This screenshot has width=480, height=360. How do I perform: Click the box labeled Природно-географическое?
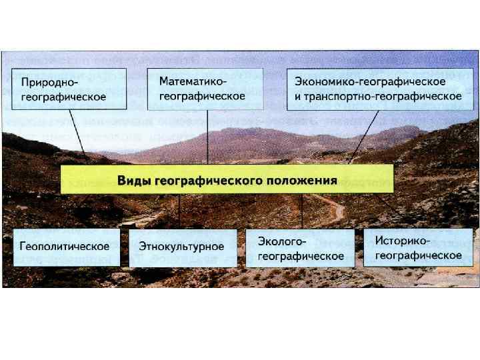(68, 89)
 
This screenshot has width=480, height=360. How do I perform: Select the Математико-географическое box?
(205, 88)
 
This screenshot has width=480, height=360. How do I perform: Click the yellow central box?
(227, 180)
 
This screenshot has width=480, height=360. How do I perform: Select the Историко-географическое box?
(419, 247)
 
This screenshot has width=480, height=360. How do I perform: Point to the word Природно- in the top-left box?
(50, 83)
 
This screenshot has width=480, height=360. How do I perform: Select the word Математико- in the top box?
(193, 81)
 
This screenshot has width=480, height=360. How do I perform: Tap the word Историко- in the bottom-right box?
(403, 241)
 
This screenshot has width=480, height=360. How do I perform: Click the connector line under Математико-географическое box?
(207, 137)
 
